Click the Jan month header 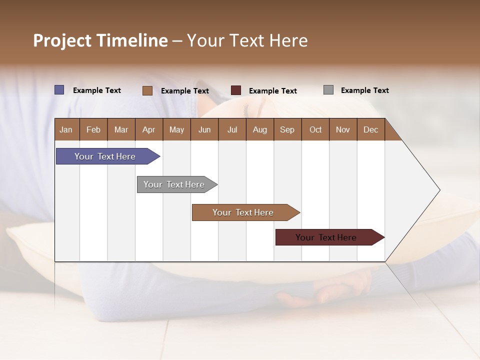pyautogui.click(x=66, y=129)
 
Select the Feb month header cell pyautogui.click(x=93, y=129)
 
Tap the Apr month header pyautogui.click(x=148, y=129)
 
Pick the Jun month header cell pyautogui.click(x=204, y=129)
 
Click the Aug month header pyautogui.click(x=260, y=129)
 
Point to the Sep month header pyautogui.click(x=287, y=129)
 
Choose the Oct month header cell pyautogui.click(x=315, y=129)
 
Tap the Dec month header pyautogui.click(x=371, y=129)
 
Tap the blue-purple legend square pyautogui.click(x=59, y=90)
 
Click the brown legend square pyautogui.click(x=147, y=90)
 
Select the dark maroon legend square pyautogui.click(x=236, y=90)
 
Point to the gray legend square pyautogui.click(x=328, y=90)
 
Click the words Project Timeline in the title pyautogui.click(x=100, y=40)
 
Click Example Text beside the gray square pyautogui.click(x=364, y=90)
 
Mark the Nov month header pyautogui.click(x=343, y=129)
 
